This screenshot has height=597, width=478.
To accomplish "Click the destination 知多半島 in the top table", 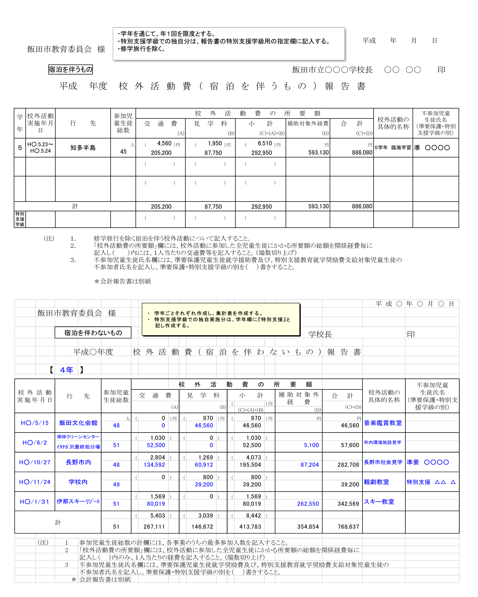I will [x=83, y=148].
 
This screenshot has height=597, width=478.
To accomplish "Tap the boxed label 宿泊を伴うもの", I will [x=70, y=69].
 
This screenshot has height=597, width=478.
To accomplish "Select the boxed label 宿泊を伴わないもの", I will [x=93, y=333].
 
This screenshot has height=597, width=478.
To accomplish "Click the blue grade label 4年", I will [x=67, y=370].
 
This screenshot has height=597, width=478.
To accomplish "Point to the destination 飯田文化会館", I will [x=78, y=423].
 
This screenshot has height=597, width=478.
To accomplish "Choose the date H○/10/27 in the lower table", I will [x=35, y=462].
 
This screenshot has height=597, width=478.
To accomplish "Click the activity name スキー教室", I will [x=379, y=501].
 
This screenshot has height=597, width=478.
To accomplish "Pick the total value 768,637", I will [x=348, y=526].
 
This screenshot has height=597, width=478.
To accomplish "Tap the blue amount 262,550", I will [x=308, y=504].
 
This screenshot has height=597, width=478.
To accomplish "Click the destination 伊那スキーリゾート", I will [x=78, y=501].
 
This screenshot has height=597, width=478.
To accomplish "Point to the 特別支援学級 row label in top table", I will [x=20, y=219].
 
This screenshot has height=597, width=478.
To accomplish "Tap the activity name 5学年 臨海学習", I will [x=393, y=148].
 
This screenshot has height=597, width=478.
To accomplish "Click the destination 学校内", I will [x=78, y=482].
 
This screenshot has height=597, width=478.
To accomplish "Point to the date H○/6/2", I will [x=35, y=442].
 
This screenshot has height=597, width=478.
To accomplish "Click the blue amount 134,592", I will [x=154, y=465].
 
